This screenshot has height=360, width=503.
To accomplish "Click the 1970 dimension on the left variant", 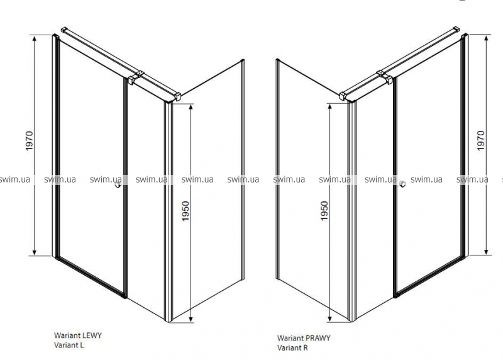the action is [30, 141].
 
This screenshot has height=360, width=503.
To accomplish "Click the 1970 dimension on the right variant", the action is [481, 140].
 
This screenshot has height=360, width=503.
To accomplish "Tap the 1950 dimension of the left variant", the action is [185, 211].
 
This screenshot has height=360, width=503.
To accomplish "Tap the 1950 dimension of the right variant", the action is [324, 211].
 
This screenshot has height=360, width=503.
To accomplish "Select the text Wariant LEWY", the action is [78, 335].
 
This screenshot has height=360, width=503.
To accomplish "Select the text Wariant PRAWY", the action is [304, 338].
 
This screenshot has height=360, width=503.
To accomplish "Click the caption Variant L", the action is [69, 346].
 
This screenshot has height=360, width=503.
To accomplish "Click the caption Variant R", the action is [292, 347].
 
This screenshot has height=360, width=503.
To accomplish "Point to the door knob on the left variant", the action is [118, 184].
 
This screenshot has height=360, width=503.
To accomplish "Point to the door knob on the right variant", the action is [402, 184].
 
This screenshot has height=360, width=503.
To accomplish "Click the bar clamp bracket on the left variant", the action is [136, 77].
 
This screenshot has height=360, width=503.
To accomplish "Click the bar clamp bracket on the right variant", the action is [385, 77].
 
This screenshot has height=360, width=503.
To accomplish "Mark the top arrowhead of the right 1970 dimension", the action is [486, 38].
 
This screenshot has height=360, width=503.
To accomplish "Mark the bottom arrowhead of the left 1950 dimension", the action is [191, 318].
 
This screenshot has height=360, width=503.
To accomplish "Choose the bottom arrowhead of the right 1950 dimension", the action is [329, 318].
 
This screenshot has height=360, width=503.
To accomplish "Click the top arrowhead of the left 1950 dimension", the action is [191, 108].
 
